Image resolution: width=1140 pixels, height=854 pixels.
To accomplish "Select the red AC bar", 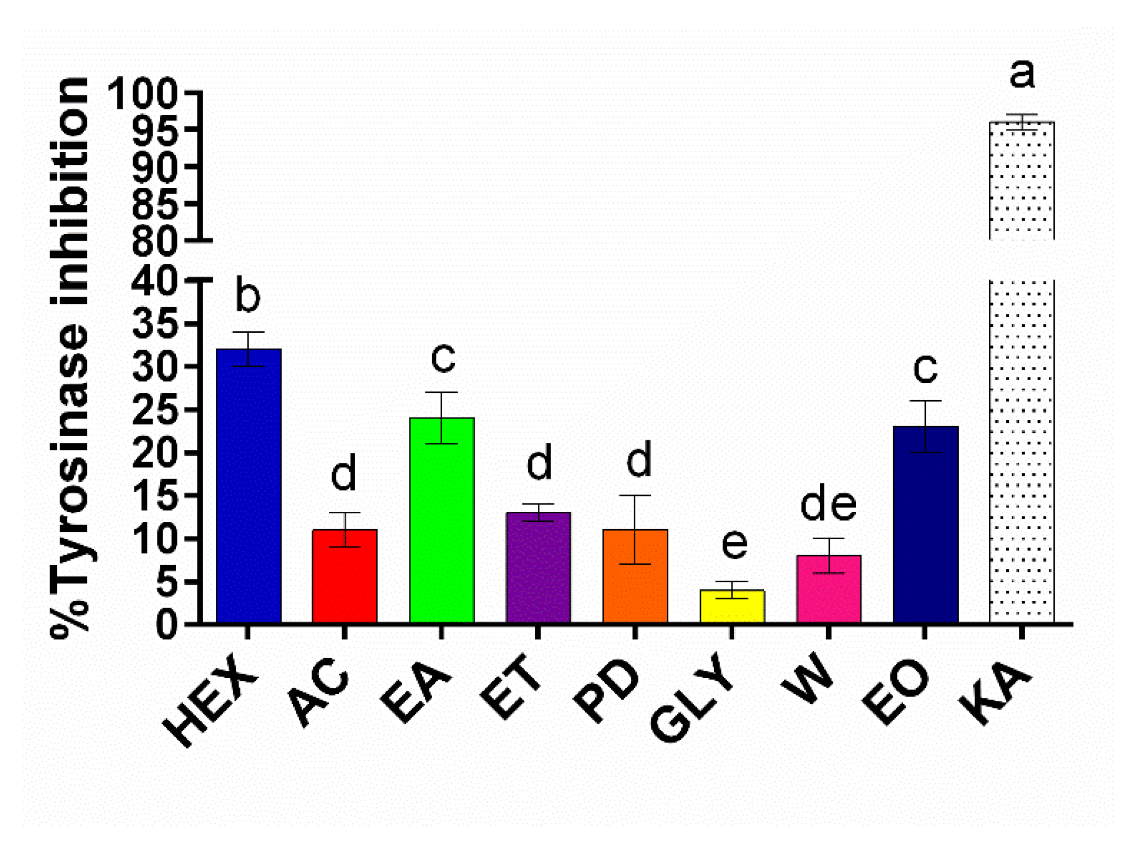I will point(345,579).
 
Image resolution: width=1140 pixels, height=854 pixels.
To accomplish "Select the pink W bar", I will point(828,592).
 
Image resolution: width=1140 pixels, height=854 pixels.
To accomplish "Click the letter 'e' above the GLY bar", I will point(734,543).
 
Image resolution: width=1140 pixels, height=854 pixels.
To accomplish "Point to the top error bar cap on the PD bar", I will point(635,495).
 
